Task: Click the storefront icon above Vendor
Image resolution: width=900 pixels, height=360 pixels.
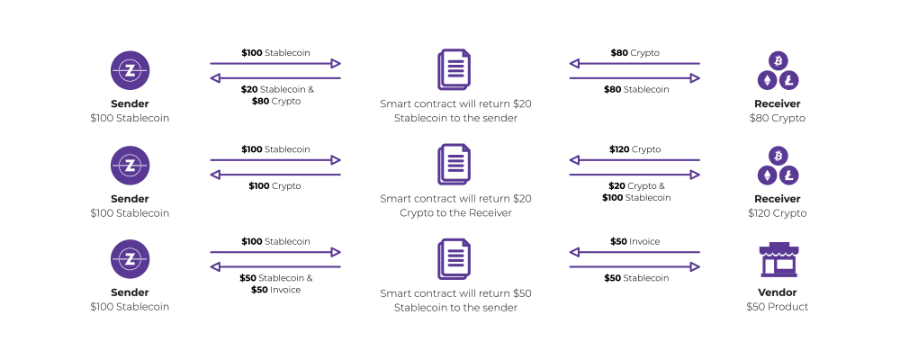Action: pos(778,259)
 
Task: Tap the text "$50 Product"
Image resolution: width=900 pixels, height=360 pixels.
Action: pos(778,307)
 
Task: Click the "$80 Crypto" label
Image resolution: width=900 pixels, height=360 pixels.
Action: pos(778,118)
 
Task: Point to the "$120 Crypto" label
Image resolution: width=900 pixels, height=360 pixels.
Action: pos(778,213)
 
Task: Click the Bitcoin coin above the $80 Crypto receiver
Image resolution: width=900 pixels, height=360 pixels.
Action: pos(778,59)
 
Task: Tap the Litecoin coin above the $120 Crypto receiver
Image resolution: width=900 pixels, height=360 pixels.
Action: pos(789,175)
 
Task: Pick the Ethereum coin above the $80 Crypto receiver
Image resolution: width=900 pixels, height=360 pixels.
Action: pos(768,81)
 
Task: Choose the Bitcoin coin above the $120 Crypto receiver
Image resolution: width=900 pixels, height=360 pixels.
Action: pos(778,155)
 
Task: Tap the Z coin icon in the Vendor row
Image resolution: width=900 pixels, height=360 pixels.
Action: pos(130,259)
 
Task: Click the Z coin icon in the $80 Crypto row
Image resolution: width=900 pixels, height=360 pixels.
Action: pos(130,70)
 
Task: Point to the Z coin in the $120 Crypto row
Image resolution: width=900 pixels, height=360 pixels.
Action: pos(130,165)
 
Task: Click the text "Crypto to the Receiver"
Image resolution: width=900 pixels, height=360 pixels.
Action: pos(455,213)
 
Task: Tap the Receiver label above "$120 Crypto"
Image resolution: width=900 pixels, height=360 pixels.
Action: pos(778,199)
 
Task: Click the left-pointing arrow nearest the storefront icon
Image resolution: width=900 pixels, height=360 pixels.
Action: pos(634,253)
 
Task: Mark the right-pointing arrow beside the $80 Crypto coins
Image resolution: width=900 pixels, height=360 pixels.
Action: pos(634,78)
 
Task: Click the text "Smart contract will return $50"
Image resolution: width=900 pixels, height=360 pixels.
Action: pos(455,293)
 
